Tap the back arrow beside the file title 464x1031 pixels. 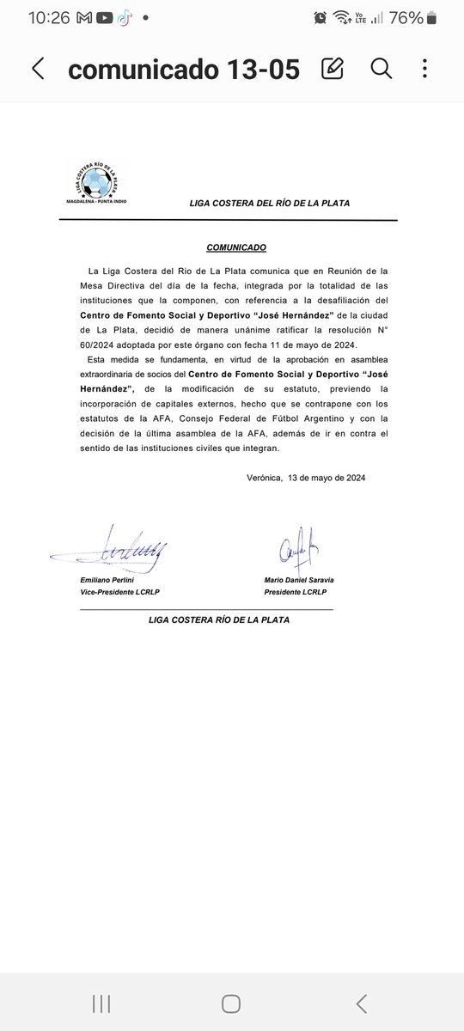38,70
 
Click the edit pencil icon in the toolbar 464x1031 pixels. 333,69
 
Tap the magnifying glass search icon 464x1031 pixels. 381,69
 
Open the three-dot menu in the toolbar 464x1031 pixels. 425,69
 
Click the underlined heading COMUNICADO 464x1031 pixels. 236,247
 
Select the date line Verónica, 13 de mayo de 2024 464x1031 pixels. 305,478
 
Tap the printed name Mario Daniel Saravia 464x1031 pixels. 299,580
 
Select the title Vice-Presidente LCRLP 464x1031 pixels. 120,593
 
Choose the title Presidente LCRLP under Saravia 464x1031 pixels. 299,593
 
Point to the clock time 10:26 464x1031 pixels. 49,17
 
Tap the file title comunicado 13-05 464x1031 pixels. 184,70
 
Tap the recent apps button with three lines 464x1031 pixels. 101,1003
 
